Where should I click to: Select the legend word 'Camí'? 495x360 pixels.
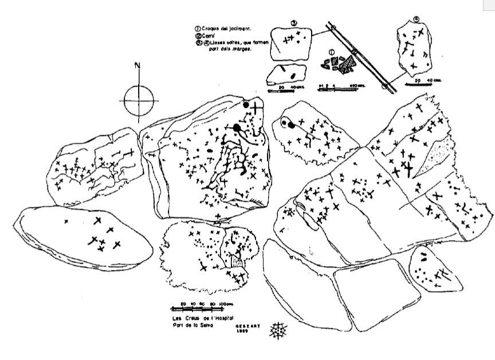[x=207, y=35]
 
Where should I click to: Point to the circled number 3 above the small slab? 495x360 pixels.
[x=293, y=24]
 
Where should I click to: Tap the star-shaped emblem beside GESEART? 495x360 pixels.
[x=279, y=330]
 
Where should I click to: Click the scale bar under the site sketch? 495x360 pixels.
[x=338, y=90]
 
